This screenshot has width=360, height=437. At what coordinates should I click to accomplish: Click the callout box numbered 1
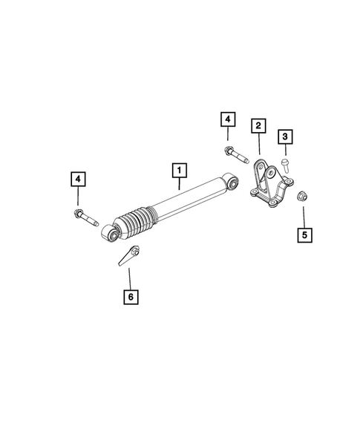(x=178, y=170)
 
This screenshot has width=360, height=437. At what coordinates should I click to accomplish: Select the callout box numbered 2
(x=257, y=127)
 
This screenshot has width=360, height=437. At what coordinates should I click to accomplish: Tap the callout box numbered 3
(x=284, y=137)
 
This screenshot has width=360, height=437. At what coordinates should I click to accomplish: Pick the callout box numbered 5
(x=304, y=236)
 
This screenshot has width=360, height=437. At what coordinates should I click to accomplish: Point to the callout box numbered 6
(x=130, y=298)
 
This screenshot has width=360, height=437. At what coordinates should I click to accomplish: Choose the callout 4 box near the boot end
(x=78, y=179)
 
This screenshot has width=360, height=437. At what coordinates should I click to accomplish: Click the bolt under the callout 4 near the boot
(x=85, y=217)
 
